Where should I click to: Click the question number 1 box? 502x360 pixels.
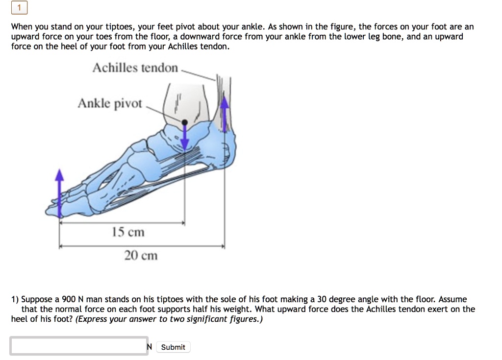pos(20,8)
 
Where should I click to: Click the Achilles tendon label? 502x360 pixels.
pos(135,68)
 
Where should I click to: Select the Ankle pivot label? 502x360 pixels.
pos(110,104)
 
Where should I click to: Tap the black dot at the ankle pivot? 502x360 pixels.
pos(184,122)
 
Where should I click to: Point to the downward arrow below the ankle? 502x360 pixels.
pos(185,137)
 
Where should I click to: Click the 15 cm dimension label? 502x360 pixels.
pos(128,232)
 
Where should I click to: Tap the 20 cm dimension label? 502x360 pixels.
pos(141,255)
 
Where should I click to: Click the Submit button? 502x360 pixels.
pos(173,347)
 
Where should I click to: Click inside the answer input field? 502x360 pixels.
pos(79,346)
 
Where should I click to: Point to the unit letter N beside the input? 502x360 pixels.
pos(149,347)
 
